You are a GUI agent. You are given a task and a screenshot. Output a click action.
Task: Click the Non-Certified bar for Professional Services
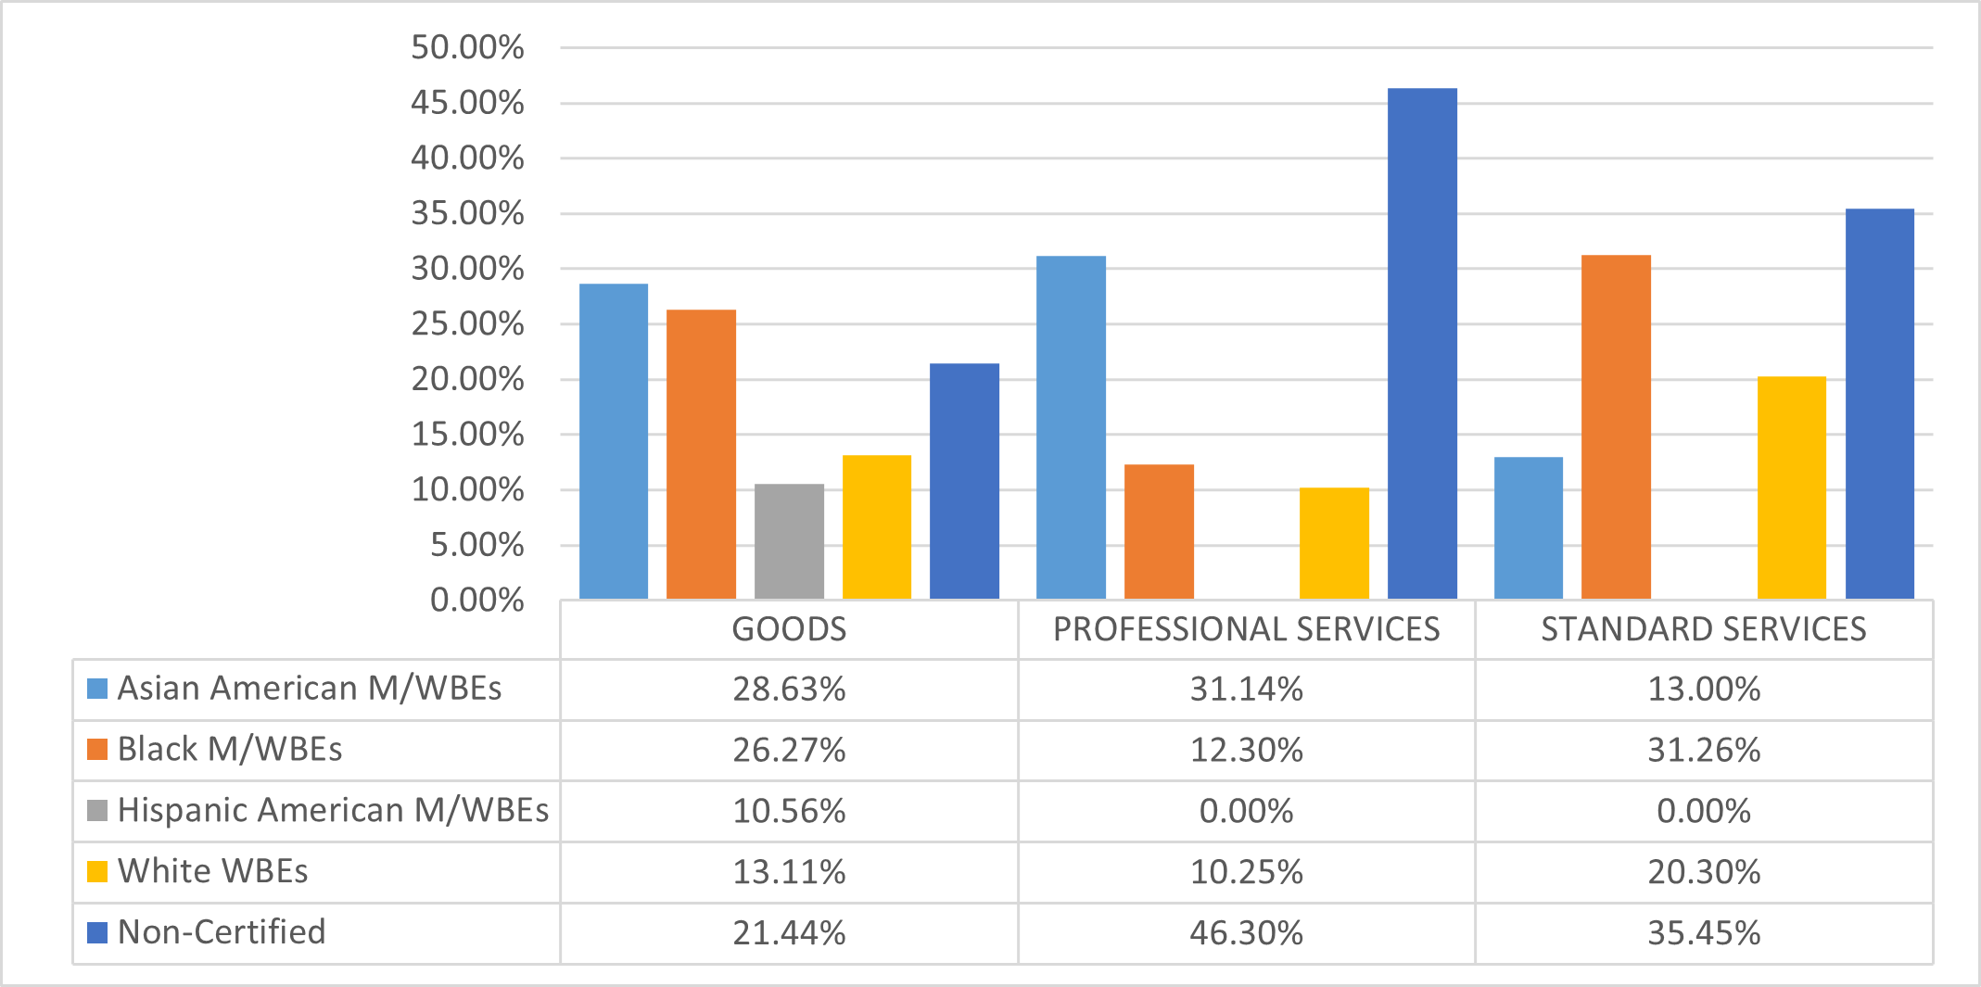point(1422,344)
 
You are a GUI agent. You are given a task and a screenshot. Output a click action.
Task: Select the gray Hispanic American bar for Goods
point(789,541)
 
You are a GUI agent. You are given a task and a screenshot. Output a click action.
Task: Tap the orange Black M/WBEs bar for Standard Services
point(1616,427)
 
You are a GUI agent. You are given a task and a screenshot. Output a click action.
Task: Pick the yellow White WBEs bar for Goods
point(877,527)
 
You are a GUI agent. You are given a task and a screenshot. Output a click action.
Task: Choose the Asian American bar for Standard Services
point(1529,528)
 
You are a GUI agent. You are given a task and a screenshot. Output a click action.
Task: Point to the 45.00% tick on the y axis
point(467,103)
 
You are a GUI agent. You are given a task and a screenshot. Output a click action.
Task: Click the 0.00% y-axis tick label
point(476,601)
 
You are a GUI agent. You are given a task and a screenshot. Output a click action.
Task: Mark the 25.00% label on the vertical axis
point(467,324)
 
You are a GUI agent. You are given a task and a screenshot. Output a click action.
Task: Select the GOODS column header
point(789,629)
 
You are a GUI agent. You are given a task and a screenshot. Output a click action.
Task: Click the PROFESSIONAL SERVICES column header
point(1246,629)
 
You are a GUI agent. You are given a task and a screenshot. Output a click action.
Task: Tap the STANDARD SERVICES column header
point(1704,629)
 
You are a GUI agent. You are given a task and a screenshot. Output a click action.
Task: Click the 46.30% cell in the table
point(1246,932)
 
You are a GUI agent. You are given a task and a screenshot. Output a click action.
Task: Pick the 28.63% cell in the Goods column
point(789,690)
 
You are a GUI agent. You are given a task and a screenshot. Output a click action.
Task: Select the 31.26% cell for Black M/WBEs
point(1704,750)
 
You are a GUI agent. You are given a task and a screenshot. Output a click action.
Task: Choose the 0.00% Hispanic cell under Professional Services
point(1246,811)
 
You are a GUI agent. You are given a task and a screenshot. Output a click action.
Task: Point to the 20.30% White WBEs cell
point(1704,872)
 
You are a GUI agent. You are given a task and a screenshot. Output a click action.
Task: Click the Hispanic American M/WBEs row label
point(333,810)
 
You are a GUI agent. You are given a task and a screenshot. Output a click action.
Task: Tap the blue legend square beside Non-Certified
point(97,932)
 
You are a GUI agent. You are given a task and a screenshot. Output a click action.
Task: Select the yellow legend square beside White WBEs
point(97,871)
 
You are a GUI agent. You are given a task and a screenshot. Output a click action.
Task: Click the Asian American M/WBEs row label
point(309,689)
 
